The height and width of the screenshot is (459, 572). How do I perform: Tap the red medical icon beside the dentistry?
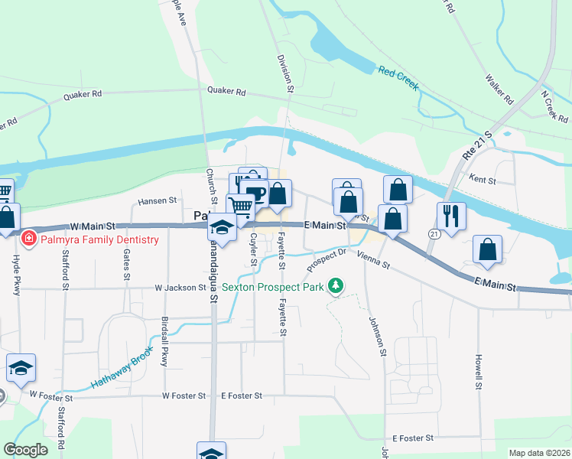(x=29, y=239)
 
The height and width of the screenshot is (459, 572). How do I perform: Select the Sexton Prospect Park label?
(x=272, y=287)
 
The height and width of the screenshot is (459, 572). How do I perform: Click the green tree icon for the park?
(x=335, y=286)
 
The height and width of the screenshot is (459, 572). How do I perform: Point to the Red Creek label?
(x=398, y=78)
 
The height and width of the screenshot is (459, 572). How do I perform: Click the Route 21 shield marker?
(x=434, y=234)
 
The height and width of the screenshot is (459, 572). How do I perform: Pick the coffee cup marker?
(x=256, y=193)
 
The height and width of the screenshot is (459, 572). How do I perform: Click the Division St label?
(x=286, y=73)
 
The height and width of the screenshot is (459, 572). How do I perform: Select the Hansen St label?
(x=157, y=201)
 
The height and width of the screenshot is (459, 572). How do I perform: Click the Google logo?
(x=25, y=450)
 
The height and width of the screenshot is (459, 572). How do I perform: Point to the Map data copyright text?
(x=538, y=453)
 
